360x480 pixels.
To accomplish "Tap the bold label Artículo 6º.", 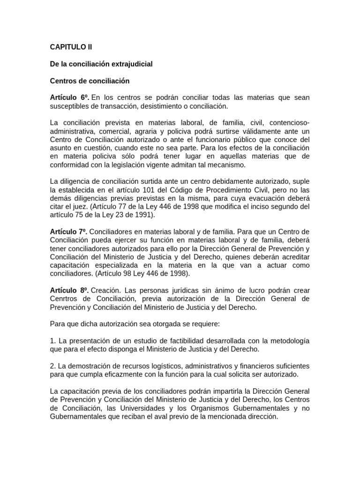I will (x=69, y=98).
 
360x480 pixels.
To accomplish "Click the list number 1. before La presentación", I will (x=52, y=340).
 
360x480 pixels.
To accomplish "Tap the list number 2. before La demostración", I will (x=52, y=366).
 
